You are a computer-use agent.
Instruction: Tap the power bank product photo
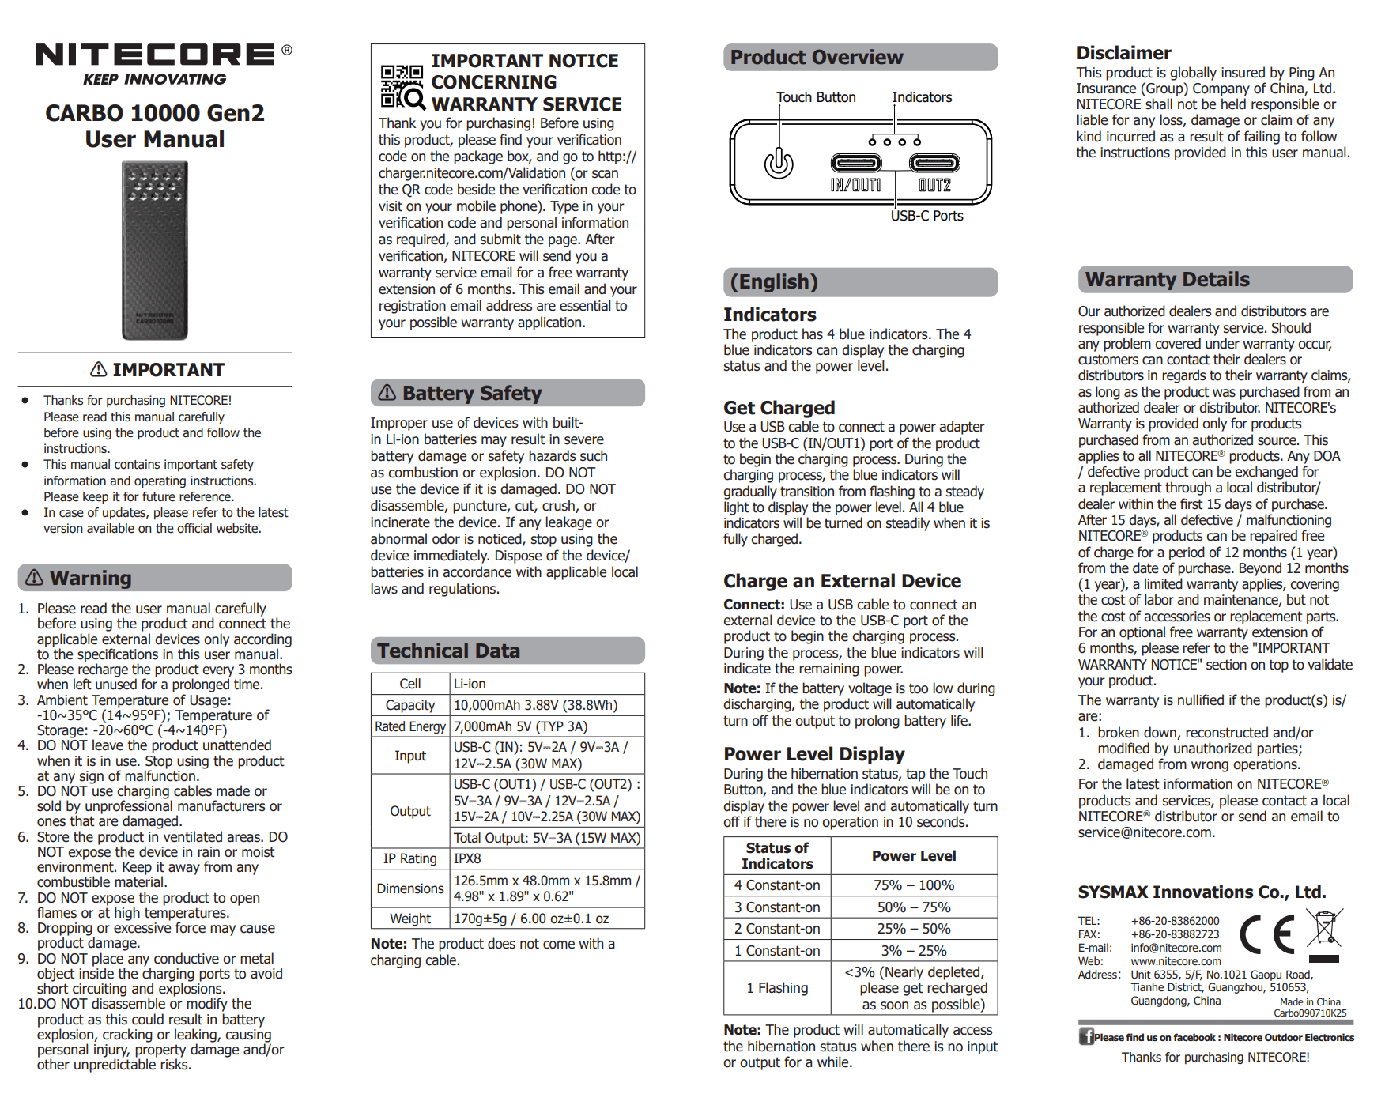point(155,250)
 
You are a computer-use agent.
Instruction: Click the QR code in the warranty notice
point(402,86)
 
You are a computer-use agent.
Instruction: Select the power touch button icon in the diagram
point(779,163)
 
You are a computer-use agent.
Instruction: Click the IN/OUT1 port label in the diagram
point(855,186)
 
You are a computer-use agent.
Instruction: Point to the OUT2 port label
point(934,186)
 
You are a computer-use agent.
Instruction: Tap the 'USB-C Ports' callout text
point(926,216)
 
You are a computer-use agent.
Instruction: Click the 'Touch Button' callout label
point(816,97)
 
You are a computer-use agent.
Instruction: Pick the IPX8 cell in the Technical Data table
point(467,858)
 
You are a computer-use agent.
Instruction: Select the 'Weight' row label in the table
point(410,919)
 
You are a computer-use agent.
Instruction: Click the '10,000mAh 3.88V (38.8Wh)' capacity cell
point(535,705)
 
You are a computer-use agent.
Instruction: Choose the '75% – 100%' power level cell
point(914,885)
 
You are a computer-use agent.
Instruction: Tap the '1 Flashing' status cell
point(777,988)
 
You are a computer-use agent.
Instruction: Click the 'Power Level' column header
point(914,855)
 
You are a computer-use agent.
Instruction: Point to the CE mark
point(1267,934)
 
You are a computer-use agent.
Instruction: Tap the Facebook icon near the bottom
point(1086,1036)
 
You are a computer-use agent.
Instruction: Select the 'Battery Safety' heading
point(471,393)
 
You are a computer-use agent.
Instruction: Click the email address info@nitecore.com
point(1176,948)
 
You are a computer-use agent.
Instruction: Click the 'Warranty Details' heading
point(1167,279)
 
